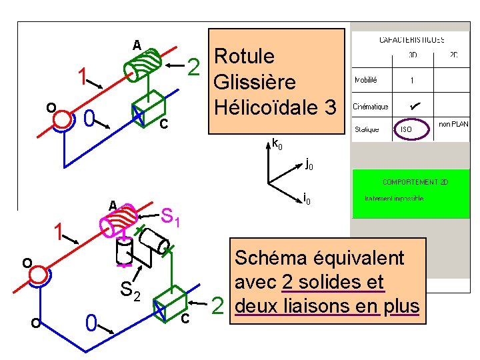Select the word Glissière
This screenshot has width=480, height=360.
click(x=253, y=83)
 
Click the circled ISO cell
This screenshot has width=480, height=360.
click(x=407, y=129)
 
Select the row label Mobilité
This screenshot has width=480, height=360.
click(x=366, y=80)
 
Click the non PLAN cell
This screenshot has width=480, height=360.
click(x=453, y=124)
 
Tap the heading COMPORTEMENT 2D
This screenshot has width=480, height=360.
click(x=410, y=181)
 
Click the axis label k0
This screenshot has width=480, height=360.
click(x=277, y=143)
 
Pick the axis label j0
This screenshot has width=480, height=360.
click(x=309, y=164)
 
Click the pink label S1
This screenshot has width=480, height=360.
click(x=172, y=216)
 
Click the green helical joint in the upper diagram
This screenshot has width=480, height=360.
click(x=143, y=65)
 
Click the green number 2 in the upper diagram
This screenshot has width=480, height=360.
click(x=193, y=65)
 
